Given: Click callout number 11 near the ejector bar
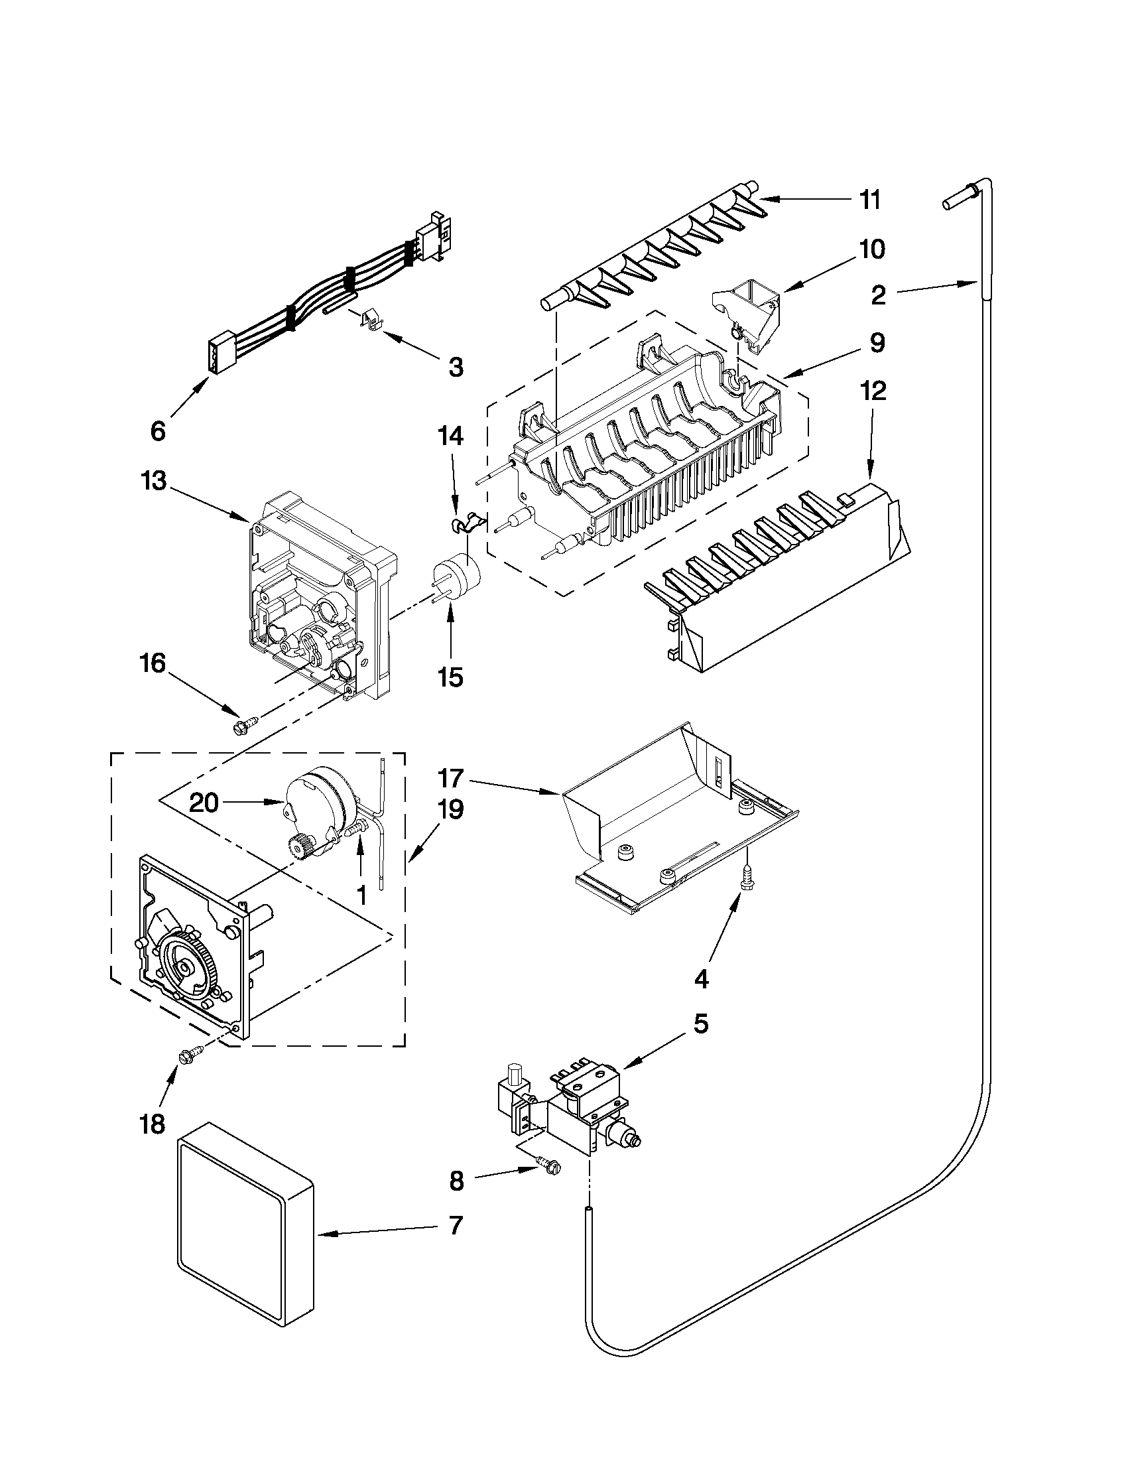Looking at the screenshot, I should [x=869, y=200].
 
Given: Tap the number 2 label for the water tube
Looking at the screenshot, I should [x=878, y=295].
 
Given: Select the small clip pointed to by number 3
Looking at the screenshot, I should [x=371, y=320].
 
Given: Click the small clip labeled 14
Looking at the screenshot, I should [x=466, y=522].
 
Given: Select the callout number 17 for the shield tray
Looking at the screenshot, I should [x=451, y=779].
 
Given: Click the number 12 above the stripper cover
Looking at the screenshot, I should [x=873, y=391].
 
